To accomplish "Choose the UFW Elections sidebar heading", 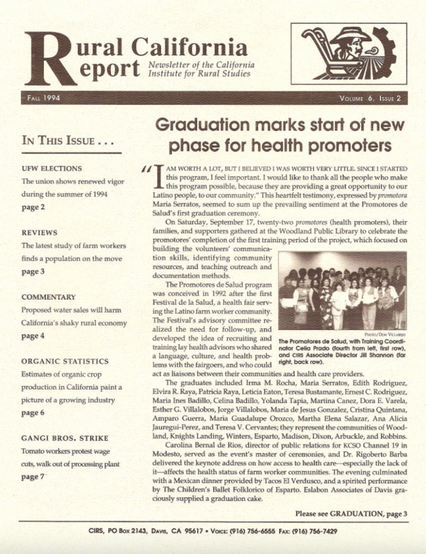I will coord(52,167).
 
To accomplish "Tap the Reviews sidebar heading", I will coord(40,233).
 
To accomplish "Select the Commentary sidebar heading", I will coord(48,297).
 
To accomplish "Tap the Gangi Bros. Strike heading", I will coord(65,438).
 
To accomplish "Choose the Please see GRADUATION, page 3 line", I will coord(351,513).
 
